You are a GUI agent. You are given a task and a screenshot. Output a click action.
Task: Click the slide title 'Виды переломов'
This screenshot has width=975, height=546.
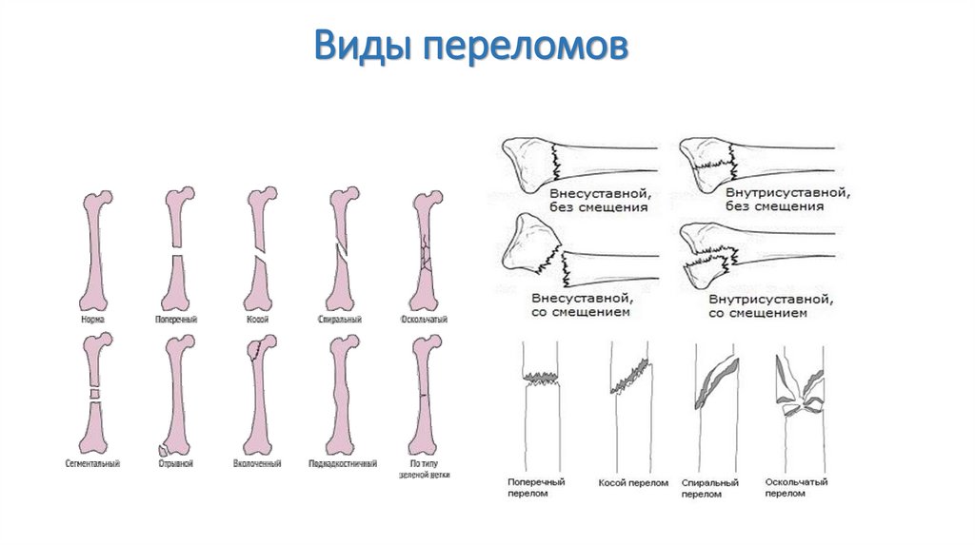[x=471, y=46]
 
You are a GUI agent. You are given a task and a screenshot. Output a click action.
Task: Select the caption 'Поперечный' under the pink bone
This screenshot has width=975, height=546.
[x=175, y=319]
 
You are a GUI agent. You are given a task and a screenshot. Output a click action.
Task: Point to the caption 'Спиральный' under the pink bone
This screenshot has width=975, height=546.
[x=340, y=319]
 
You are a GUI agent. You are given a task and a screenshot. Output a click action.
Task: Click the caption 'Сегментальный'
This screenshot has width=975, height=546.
[x=92, y=463]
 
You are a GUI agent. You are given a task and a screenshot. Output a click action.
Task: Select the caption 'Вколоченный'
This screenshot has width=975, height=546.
[x=257, y=463]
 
